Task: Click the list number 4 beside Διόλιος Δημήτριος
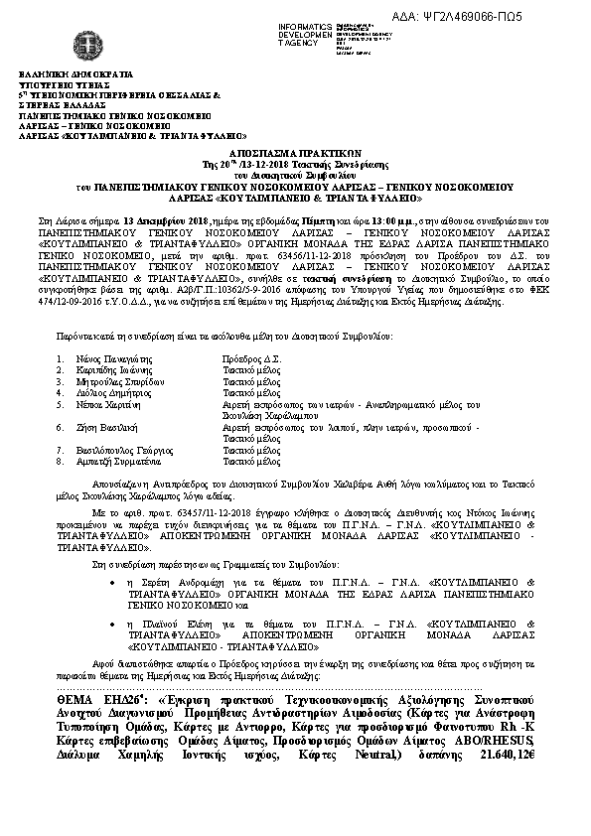click(x=60, y=392)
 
